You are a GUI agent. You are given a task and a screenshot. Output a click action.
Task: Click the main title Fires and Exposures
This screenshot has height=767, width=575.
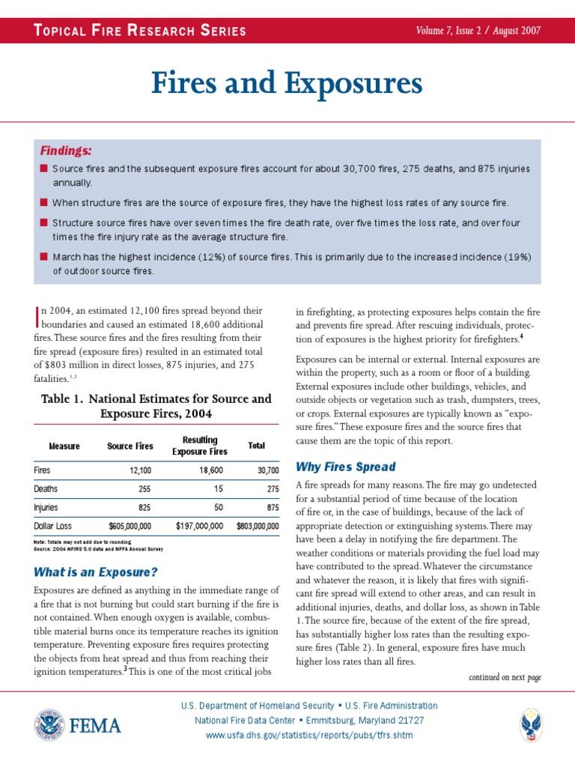287,84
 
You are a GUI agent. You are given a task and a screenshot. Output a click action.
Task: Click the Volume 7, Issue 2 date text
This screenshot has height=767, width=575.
478,31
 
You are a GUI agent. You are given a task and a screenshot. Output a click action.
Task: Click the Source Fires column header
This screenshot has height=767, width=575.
130,446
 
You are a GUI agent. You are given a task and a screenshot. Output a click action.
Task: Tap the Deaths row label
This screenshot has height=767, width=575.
46,488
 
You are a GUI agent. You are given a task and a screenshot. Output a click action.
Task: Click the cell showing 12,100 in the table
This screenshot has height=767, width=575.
139,470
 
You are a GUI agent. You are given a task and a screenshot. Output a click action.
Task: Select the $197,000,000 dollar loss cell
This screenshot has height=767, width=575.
198,526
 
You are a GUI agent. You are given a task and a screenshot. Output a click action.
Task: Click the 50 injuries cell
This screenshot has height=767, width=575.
218,507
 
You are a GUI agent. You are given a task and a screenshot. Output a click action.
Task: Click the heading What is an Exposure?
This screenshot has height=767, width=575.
96,573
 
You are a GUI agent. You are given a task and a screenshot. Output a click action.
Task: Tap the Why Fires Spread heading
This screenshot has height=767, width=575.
346,467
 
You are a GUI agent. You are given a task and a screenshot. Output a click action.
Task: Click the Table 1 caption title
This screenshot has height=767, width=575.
156,406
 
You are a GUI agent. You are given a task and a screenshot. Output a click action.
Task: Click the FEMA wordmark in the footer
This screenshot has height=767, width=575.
96,725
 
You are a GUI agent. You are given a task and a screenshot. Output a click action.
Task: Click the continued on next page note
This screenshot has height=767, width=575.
505,677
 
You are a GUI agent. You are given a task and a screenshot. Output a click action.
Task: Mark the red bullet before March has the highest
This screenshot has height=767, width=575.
44,256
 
